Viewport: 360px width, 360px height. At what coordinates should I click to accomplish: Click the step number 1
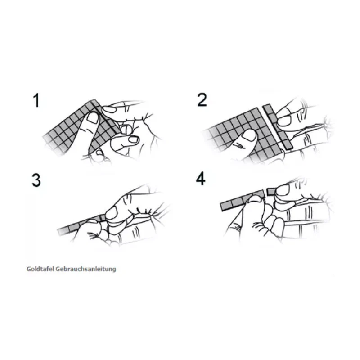(x=36, y=100)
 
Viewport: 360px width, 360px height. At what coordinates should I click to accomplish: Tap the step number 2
(x=202, y=100)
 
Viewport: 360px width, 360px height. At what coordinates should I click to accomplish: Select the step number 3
(x=36, y=180)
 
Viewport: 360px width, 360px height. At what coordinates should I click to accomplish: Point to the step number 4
(x=201, y=179)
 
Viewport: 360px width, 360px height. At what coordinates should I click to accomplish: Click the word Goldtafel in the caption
(x=40, y=269)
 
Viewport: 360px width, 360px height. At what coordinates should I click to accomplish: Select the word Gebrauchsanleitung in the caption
(x=86, y=269)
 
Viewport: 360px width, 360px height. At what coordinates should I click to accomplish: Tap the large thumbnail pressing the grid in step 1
(x=93, y=118)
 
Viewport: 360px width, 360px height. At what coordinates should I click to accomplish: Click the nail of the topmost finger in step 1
(x=109, y=109)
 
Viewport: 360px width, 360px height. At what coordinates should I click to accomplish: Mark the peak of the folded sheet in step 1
(x=93, y=100)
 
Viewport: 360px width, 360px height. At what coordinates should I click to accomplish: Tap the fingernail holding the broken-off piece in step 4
(x=283, y=190)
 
